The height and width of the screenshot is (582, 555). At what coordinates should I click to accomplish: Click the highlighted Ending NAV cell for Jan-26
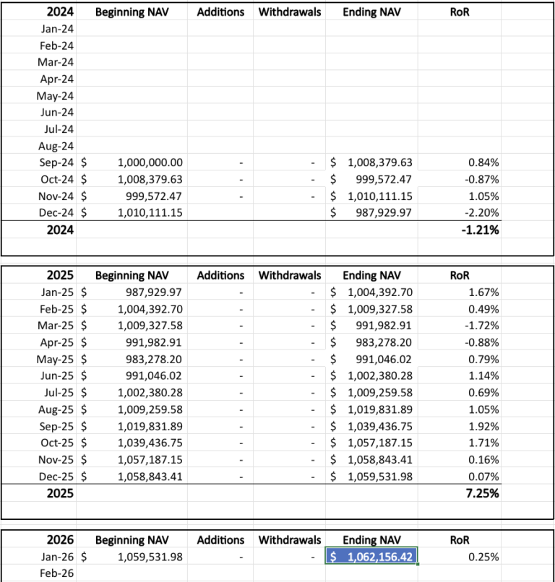pos(371,557)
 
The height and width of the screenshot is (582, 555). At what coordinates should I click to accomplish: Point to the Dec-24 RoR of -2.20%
pos(483,212)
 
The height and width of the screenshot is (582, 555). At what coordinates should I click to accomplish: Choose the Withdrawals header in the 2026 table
pos(290,539)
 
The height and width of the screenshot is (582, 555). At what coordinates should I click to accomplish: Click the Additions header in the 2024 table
pos(220,12)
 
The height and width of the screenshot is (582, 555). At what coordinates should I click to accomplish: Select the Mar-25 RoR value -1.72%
pos(483,325)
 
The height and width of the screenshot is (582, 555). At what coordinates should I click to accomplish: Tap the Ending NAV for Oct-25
pos(380,442)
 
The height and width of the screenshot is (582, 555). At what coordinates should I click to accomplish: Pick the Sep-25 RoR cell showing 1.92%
pos(483,425)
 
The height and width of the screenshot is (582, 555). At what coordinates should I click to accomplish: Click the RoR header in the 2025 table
pos(460,275)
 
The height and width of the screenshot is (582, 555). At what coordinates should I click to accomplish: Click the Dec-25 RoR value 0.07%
pos(483,476)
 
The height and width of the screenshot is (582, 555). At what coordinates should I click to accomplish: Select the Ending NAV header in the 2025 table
pos(370,275)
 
